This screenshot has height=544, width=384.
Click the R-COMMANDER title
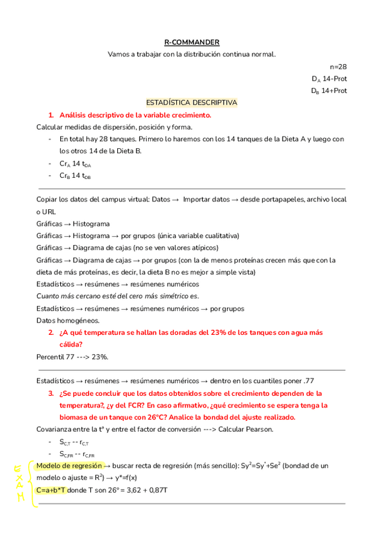pyautogui.click(x=192, y=42)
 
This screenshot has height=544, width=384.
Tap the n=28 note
pyautogui.click(x=338, y=67)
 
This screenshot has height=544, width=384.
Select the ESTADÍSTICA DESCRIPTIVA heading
pyautogui.click(x=192, y=103)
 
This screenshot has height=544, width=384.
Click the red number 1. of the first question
pyautogui.click(x=51, y=115)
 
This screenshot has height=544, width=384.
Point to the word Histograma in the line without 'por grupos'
pyautogui.click(x=91, y=224)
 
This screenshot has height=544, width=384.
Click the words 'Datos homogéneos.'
pyautogui.click(x=59, y=320)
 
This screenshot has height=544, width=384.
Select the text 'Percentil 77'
pyautogui.click(x=55, y=357)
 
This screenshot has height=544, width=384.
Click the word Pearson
pyautogui.click(x=260, y=429)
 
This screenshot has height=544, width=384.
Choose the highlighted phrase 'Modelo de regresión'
pyautogui.click(x=69, y=466)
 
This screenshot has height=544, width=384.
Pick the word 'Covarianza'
pyautogui.click(x=55, y=429)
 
